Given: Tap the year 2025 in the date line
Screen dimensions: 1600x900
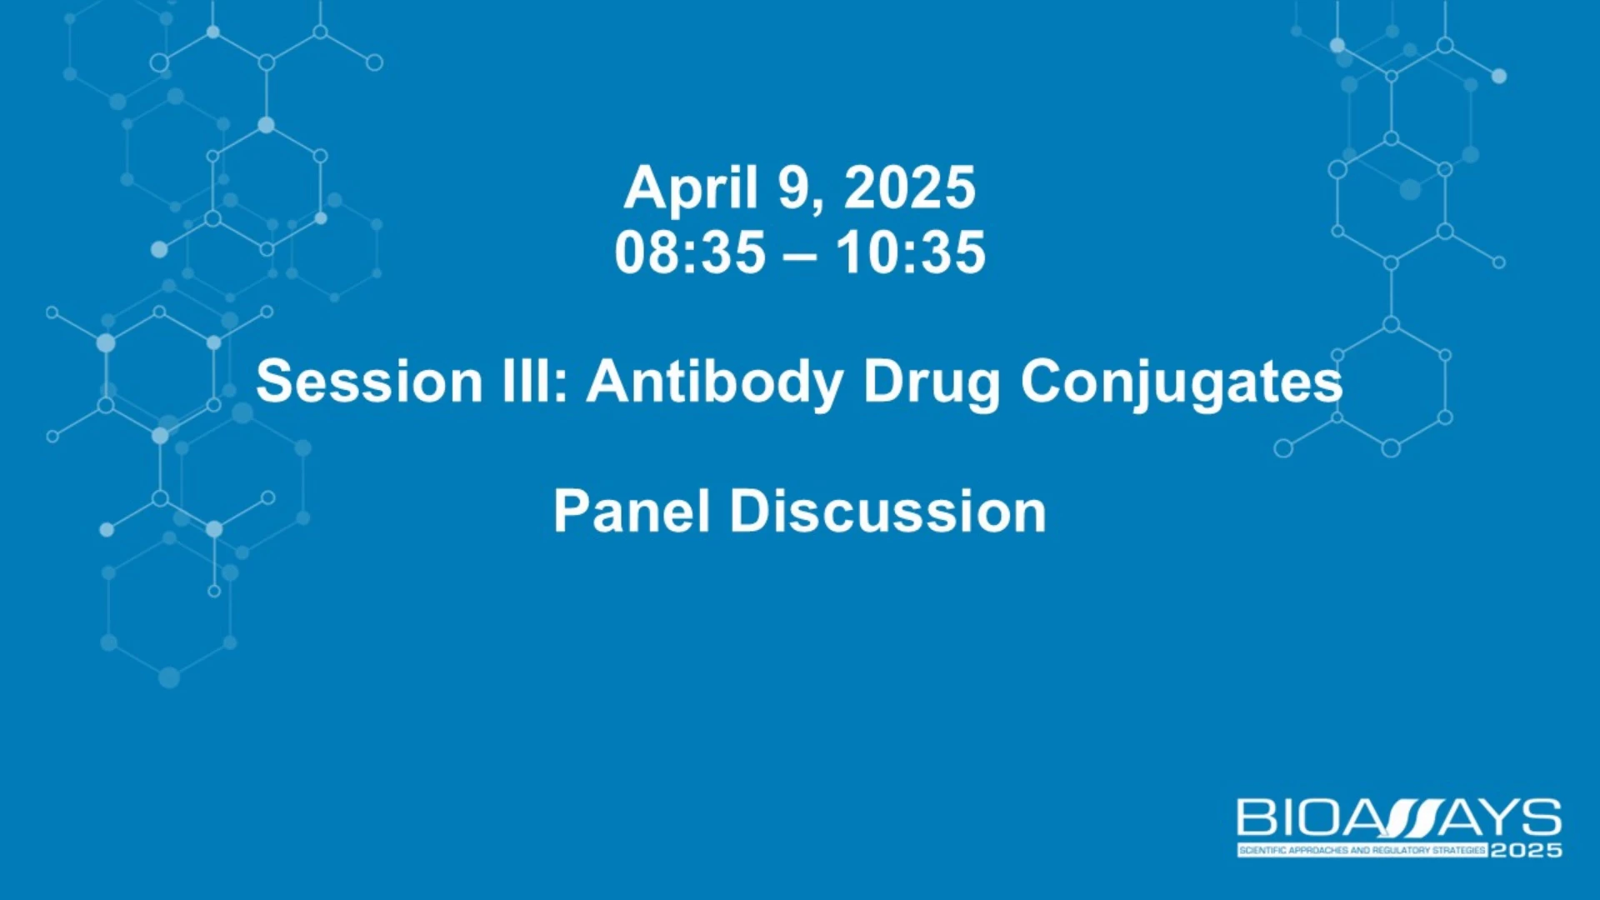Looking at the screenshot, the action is (x=909, y=187).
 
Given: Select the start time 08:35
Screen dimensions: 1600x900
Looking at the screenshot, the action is (x=690, y=252).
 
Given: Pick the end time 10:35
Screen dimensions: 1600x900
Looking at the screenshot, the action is (x=911, y=252).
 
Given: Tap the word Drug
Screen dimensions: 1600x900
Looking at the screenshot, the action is (x=931, y=385).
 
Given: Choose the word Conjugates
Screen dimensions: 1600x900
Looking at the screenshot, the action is (x=1182, y=385).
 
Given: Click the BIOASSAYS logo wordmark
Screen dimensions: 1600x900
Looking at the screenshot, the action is (x=1399, y=817).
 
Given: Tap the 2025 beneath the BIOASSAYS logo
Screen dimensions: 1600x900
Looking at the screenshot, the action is (x=1526, y=851).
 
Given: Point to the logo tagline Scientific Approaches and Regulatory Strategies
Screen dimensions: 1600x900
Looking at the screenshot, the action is (x=1362, y=851).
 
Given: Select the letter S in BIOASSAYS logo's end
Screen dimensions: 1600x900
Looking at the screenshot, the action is (x=1540, y=817).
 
